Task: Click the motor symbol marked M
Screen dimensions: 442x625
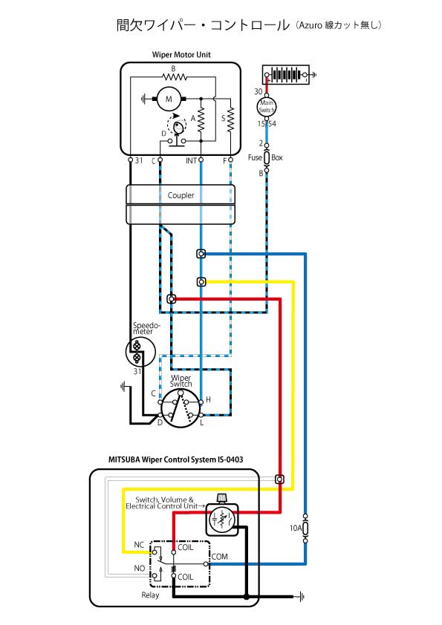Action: point(169,99)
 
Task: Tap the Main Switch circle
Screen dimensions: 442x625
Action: point(267,106)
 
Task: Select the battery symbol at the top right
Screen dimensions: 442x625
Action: point(285,74)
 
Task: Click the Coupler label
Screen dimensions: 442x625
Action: point(181,195)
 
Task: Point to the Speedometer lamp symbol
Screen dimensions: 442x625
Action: point(137,352)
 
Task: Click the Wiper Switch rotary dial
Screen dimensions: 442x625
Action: point(181,408)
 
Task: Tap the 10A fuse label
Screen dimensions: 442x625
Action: point(295,529)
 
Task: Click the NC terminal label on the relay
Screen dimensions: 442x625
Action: point(139,545)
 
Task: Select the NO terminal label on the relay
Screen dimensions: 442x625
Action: point(139,568)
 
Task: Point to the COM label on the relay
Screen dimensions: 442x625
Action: point(220,557)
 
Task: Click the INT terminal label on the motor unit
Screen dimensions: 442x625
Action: point(191,160)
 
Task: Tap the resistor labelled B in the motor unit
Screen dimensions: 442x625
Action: point(175,76)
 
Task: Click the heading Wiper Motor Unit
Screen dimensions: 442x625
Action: point(181,55)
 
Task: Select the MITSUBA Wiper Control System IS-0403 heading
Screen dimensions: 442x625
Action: point(175,459)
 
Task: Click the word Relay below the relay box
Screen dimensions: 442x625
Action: point(150,595)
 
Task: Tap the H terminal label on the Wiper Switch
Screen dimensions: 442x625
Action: point(208,399)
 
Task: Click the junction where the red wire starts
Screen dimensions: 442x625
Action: point(172,298)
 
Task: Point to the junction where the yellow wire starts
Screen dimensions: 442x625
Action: point(201,282)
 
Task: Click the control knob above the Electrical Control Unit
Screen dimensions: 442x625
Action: point(221,498)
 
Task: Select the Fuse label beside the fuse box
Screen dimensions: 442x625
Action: point(255,157)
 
